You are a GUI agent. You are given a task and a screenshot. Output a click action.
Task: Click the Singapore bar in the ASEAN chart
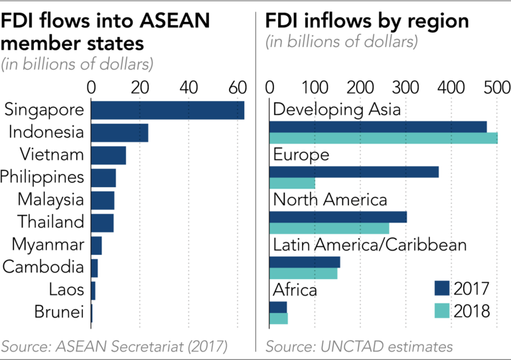(167, 110)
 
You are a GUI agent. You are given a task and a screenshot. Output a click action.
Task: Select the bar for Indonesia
(119, 133)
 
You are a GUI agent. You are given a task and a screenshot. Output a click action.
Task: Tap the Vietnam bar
(108, 155)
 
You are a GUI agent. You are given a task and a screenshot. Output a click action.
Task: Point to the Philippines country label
(42, 177)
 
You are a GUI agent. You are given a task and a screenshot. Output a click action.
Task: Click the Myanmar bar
(96, 245)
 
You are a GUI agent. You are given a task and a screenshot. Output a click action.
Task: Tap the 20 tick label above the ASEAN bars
(139, 87)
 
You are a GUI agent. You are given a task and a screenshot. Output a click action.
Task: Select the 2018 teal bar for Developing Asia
(383, 138)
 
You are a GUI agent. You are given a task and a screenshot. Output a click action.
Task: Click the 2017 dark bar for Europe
(354, 172)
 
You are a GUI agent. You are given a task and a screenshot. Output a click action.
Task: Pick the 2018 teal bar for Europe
(292, 183)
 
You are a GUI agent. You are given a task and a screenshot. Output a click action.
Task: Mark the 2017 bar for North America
(338, 217)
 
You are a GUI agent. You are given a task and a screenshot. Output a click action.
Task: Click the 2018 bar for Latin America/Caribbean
(303, 274)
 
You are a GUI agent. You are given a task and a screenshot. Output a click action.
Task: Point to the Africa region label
(295, 290)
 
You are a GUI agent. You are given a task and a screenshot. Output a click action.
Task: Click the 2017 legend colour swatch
(442, 288)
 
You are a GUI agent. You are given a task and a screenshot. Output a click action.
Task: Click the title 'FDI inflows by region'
(367, 21)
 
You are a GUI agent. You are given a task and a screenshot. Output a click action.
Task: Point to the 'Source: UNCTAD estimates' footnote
(359, 347)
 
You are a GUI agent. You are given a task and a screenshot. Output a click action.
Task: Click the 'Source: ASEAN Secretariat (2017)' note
(114, 347)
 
